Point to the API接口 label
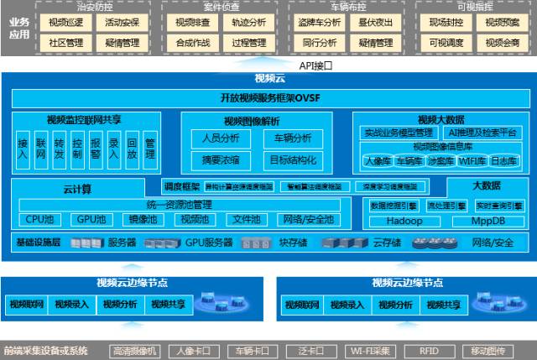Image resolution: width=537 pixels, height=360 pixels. point(316,65)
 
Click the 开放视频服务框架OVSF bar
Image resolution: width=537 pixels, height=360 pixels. point(268,97)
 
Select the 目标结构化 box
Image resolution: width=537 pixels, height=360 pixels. point(292,159)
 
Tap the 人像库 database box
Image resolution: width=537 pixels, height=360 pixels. point(377,160)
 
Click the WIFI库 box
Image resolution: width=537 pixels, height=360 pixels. point(474,160)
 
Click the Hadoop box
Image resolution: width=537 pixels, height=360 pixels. point(404,221)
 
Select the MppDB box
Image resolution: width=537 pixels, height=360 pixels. point(487,221)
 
